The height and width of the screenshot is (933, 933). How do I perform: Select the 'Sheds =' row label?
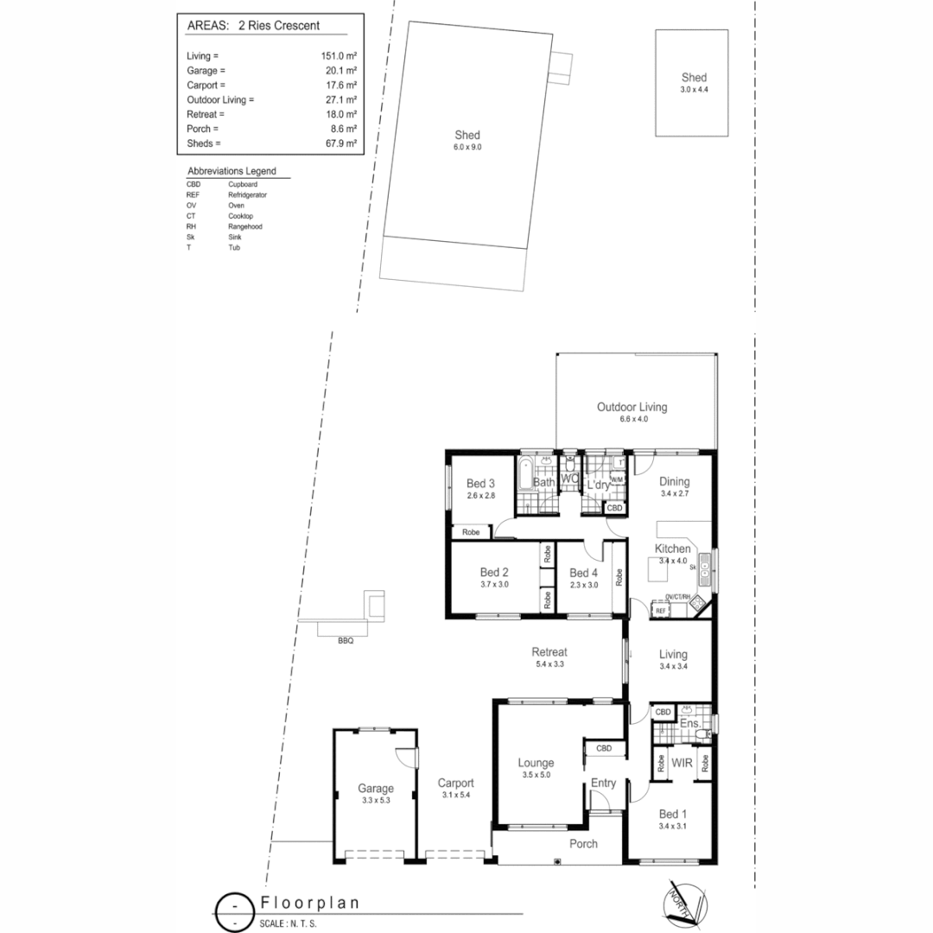pyautogui.click(x=205, y=143)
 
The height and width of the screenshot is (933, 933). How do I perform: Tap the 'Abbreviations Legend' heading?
pyautogui.click(x=232, y=172)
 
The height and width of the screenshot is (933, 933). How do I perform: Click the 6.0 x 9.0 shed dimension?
pyautogui.click(x=467, y=148)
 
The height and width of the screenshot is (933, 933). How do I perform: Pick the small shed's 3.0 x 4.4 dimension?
pyautogui.click(x=694, y=89)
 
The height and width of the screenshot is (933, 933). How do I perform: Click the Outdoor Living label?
pyautogui.click(x=632, y=407)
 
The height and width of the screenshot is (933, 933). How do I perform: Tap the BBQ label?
pyautogui.click(x=346, y=641)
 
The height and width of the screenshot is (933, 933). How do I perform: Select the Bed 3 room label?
pyautogui.click(x=480, y=483)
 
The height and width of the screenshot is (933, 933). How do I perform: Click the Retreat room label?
pyautogui.click(x=549, y=652)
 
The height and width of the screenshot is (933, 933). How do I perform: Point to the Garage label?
pyautogui.click(x=376, y=788)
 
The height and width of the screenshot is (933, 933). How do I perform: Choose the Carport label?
pyautogui.click(x=455, y=783)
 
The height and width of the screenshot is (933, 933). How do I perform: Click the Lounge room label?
pyautogui.click(x=536, y=763)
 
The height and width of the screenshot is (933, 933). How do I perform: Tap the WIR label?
pyautogui.click(x=682, y=764)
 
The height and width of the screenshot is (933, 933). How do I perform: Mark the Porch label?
pyautogui.click(x=584, y=844)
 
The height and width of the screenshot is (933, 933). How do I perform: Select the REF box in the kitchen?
pyautogui.click(x=661, y=611)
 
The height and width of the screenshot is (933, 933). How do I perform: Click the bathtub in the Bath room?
pyautogui.click(x=524, y=474)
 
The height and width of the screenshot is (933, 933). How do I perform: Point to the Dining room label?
pyautogui.click(x=675, y=482)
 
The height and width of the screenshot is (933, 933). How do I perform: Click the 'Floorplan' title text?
pyautogui.click(x=310, y=903)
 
